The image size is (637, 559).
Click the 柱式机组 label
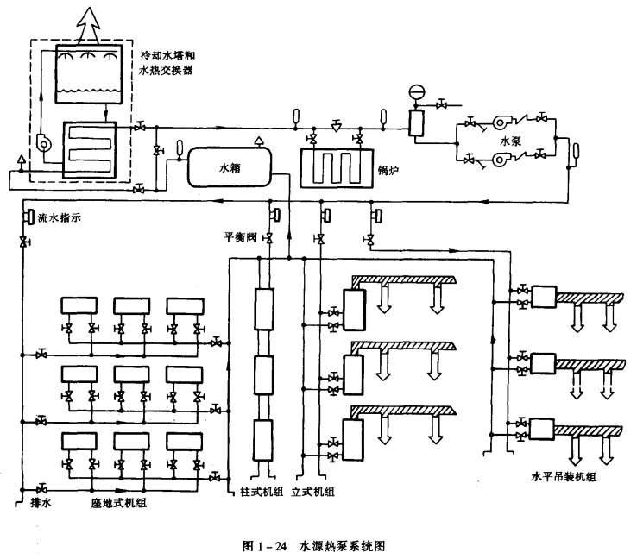click(255, 493)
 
